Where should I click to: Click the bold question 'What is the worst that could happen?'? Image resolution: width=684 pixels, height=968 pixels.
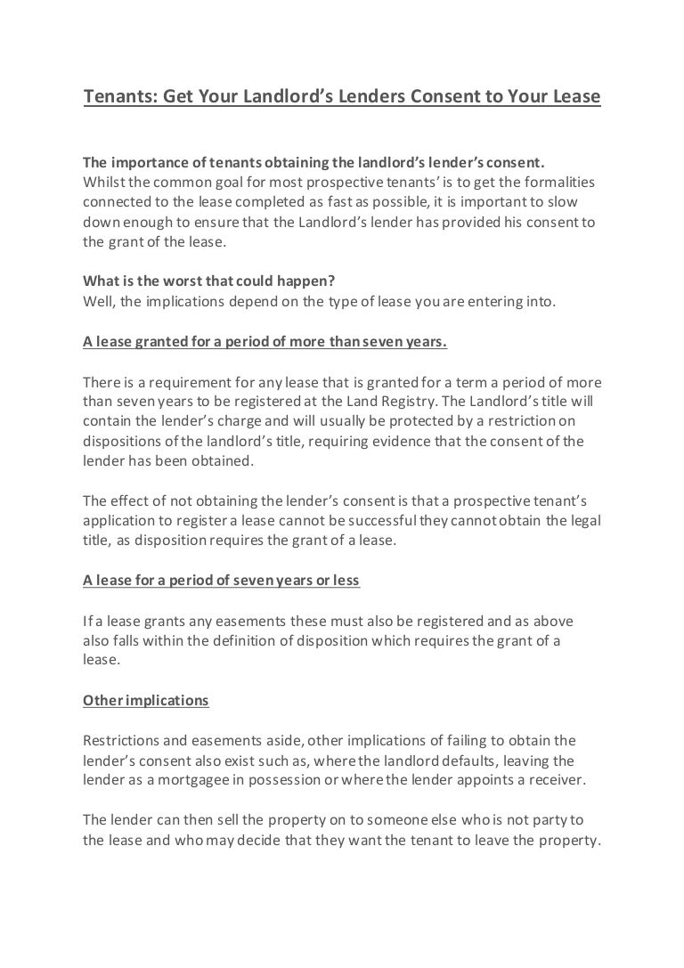point(208,281)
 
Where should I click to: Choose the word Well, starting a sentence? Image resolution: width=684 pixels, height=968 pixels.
point(100,301)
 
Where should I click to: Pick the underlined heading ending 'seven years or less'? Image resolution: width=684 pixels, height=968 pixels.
point(221,580)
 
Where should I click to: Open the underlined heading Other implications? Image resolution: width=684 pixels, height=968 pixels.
point(145,700)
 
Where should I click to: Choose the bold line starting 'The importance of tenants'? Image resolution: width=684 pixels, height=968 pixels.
point(313,163)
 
